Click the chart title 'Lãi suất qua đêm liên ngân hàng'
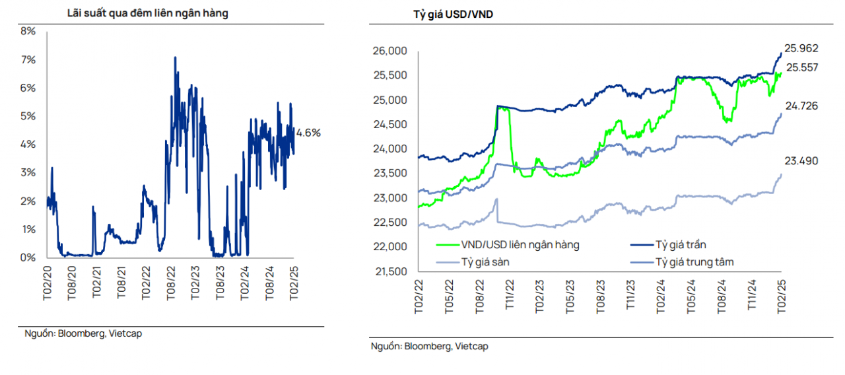(147, 13)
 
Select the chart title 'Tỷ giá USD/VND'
(448, 15)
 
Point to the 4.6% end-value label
(308, 133)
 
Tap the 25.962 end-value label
(801, 48)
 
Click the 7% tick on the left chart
(28, 60)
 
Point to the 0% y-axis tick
(28, 257)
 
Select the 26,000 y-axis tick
(390, 51)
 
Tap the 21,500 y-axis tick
(390, 271)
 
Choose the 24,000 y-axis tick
(390, 149)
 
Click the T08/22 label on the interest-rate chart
(170, 284)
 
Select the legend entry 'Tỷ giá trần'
(682, 245)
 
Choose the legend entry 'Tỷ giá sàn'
(485, 262)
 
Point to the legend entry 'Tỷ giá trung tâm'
(694, 262)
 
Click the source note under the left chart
(83, 333)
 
